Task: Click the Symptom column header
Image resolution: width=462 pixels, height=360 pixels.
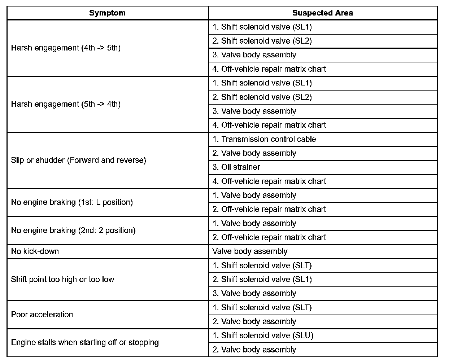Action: [107, 13]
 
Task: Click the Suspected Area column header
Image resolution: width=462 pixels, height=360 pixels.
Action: [322, 13]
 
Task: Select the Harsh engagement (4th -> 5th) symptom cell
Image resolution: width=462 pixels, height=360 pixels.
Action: [66, 48]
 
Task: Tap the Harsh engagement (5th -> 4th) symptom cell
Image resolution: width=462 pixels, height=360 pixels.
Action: [66, 104]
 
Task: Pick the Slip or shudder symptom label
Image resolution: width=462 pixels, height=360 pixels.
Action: [78, 160]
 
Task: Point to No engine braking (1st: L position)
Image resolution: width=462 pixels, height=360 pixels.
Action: [72, 202]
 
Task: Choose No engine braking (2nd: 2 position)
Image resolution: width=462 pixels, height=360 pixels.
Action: [73, 231]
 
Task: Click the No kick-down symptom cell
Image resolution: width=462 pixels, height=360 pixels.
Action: [35, 251]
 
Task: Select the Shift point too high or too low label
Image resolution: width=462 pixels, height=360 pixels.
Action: [62, 280]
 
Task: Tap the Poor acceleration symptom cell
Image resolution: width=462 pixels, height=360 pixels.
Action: [42, 315]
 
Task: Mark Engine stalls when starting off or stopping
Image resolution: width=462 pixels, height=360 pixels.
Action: [85, 343]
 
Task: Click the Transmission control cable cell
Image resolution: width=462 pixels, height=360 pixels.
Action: [264, 139]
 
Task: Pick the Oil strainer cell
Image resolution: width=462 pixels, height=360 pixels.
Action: [236, 167]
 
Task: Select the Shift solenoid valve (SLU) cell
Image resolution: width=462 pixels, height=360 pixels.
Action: [263, 335]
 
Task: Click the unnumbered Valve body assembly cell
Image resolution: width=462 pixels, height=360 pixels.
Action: [250, 251]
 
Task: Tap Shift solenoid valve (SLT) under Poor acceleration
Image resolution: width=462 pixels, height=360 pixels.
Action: [262, 308]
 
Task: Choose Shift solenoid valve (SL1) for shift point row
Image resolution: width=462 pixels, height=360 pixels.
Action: [262, 280]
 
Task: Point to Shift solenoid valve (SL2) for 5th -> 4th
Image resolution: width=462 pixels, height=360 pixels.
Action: [262, 97]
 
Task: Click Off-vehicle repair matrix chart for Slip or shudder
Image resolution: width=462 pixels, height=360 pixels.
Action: [269, 181]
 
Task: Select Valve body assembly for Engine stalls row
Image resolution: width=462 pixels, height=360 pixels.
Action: [254, 350]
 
